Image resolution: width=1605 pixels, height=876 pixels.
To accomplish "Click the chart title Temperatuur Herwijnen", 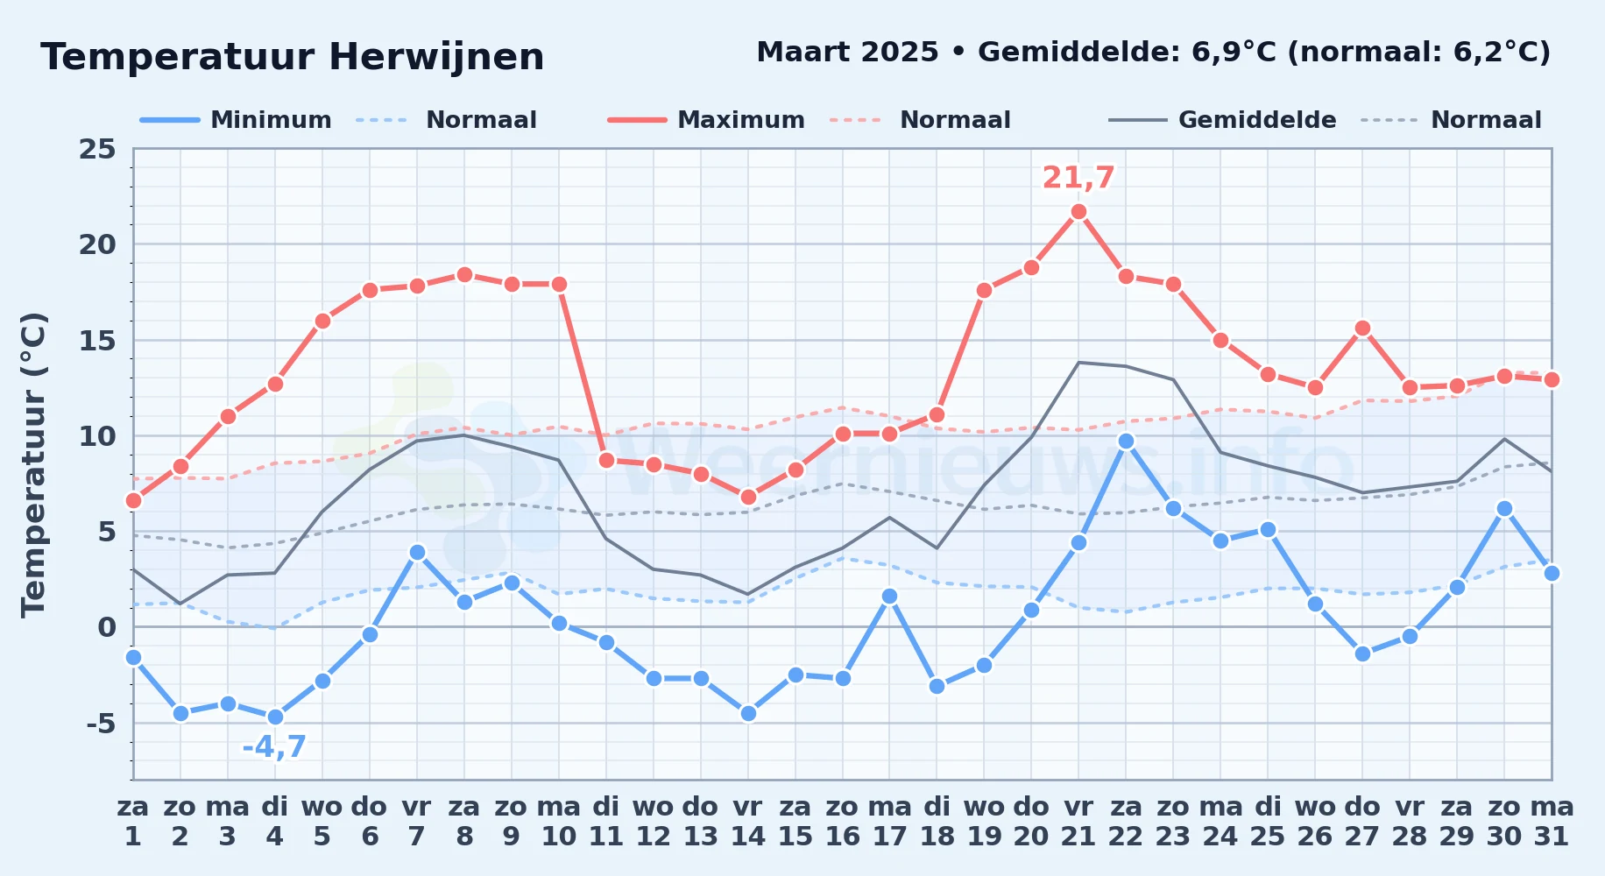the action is point(293,57).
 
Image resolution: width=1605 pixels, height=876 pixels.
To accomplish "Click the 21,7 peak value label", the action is point(1078,178).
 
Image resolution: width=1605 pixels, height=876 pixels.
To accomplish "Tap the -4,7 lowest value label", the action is point(274,747).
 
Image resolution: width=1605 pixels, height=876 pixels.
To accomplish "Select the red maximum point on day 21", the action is point(1078,211).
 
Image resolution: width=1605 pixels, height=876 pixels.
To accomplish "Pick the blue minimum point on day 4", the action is point(275,717).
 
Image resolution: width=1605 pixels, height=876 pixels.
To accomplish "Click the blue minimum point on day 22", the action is point(1126,441).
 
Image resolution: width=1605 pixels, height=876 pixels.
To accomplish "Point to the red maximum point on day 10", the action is point(559,284).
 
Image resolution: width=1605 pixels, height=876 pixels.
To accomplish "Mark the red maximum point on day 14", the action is point(748,497).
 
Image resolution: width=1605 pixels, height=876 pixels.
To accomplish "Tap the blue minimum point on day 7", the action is point(417,552).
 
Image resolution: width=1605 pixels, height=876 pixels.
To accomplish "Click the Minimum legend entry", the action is point(236,120).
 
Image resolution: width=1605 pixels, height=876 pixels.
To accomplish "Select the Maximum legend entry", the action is point(706,120).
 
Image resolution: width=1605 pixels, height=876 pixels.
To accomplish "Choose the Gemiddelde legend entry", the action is point(1222,120).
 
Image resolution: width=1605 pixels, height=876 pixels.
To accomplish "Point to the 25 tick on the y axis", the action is point(97,149).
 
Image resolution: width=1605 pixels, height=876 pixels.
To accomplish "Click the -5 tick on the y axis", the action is point(102,724).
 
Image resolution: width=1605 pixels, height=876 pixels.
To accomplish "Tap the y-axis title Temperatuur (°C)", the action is point(33,464).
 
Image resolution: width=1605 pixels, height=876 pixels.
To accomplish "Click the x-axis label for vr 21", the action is point(1078,822).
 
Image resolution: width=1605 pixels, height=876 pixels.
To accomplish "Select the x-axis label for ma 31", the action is point(1552,822).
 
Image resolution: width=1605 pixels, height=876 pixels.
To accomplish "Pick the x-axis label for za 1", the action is point(133,822).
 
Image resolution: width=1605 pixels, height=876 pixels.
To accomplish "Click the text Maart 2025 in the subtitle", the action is point(847,52).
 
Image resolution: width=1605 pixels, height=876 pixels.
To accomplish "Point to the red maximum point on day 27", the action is point(1362,328).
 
